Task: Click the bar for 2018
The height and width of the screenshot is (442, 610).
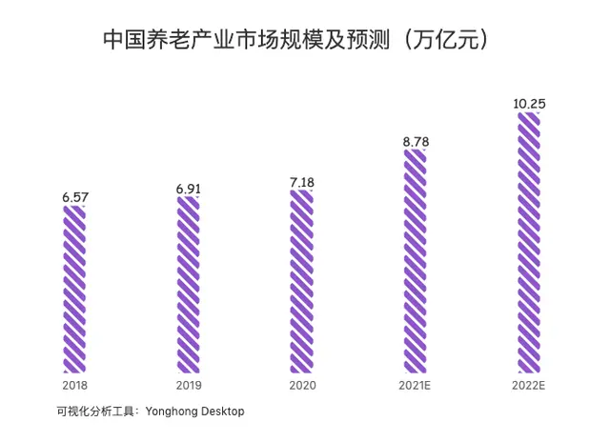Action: [x=74, y=291]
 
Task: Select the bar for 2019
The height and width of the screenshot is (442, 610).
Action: [x=188, y=286]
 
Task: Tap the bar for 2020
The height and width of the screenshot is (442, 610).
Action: [x=301, y=282]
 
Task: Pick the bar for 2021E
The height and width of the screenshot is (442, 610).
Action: [x=416, y=261]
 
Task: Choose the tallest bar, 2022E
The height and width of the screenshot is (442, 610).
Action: [x=529, y=243]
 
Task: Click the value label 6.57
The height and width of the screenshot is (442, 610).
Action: [x=74, y=197]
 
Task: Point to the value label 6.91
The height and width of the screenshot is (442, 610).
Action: [x=188, y=190]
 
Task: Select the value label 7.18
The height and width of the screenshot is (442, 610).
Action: [x=301, y=182]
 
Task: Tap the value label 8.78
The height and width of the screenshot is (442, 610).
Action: [x=416, y=142]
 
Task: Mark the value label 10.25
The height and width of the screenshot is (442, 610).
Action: [x=529, y=103]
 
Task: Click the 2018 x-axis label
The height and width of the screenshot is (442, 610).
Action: [x=74, y=386]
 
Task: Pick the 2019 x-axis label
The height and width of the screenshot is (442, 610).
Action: [x=188, y=386]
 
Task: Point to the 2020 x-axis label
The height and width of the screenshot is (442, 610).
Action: [x=301, y=386]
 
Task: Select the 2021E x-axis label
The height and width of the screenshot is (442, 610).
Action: [x=416, y=386]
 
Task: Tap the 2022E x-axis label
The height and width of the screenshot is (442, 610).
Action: [x=529, y=386]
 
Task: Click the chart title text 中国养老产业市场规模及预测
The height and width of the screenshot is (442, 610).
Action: [x=243, y=40]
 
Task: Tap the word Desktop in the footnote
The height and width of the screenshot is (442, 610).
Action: [x=222, y=412]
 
